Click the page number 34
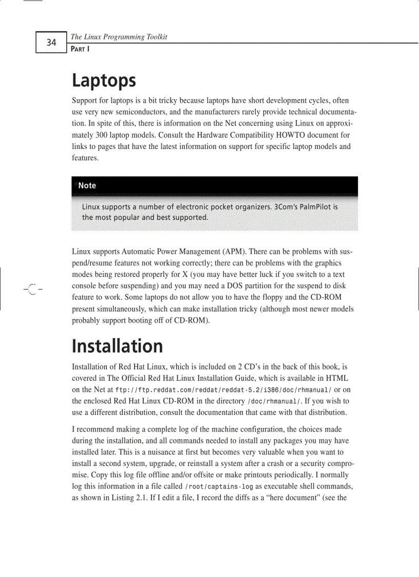(x=51, y=42)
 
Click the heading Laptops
(x=104, y=81)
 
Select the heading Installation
(x=117, y=346)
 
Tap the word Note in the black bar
(x=87, y=185)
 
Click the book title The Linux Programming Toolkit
(x=119, y=36)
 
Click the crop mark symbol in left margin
(x=32, y=290)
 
